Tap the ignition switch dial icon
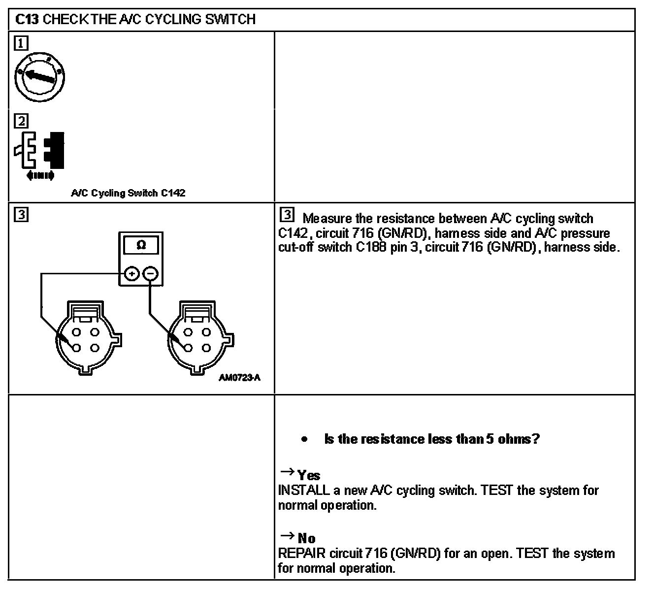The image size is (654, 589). click(x=40, y=77)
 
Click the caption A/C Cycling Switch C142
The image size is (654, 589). click(x=128, y=193)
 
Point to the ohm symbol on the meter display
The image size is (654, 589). click(x=141, y=245)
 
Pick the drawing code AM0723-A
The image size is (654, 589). click(x=240, y=378)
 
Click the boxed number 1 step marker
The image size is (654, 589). click(x=21, y=44)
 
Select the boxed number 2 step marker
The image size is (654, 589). click(x=21, y=121)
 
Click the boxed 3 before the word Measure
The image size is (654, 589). click(x=287, y=216)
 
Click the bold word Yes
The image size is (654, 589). click(x=309, y=475)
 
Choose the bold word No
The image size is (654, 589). click(x=307, y=538)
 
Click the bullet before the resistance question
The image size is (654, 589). click(x=305, y=439)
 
